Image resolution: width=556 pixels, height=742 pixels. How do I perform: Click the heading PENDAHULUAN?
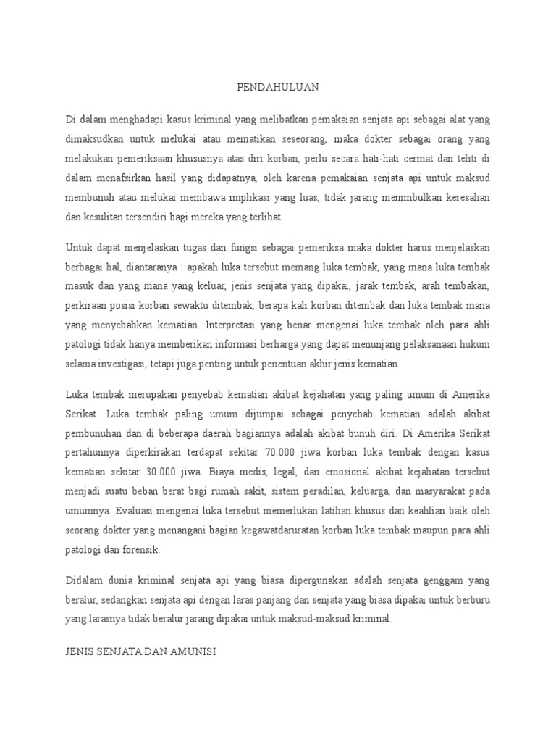coord(278,88)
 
